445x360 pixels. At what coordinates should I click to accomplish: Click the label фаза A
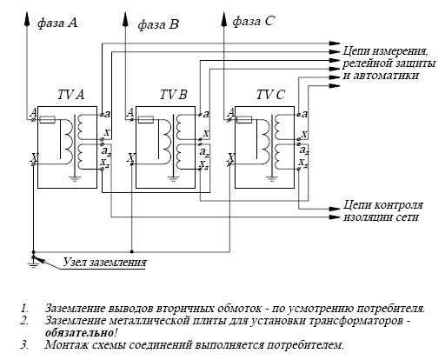[x=57, y=23]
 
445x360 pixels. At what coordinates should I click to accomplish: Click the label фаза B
[x=158, y=24]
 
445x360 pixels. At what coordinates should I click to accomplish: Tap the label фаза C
[x=254, y=21]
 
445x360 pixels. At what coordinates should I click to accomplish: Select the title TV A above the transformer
[x=70, y=95]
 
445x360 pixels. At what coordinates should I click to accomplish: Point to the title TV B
[x=174, y=95]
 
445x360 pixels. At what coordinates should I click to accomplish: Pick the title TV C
[x=270, y=95]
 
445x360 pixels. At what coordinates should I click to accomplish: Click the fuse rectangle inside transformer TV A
[x=47, y=119]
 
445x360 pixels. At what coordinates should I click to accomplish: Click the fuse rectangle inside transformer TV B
[x=146, y=119]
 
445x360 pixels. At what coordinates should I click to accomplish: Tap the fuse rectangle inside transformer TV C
[x=244, y=119]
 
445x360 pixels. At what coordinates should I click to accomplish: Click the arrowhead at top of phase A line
[x=27, y=19]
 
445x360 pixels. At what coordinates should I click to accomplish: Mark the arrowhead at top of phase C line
[x=223, y=19]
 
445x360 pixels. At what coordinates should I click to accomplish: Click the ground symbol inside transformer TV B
[x=173, y=178]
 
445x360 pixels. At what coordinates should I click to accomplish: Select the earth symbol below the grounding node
[x=33, y=264]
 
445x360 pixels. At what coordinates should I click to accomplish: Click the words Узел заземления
[x=104, y=263]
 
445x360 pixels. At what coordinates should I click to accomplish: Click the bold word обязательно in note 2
[x=80, y=332]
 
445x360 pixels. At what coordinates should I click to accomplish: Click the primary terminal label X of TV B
[x=131, y=158]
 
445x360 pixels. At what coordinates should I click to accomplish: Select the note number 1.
[x=23, y=308]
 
